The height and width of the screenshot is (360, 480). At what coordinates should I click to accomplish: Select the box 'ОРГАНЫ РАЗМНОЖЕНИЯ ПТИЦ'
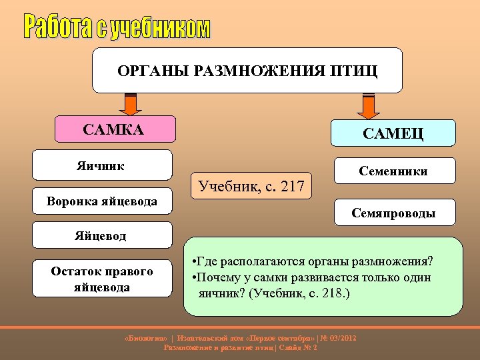click(247, 70)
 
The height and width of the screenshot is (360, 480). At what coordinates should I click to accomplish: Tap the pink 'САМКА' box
click(113, 129)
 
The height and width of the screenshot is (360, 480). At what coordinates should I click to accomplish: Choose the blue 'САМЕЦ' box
click(393, 133)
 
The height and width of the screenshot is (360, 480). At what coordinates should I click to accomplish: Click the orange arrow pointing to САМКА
click(129, 104)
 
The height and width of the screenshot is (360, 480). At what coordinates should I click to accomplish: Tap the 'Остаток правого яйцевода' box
click(102, 279)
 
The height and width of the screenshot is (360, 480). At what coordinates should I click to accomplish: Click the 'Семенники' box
click(393, 171)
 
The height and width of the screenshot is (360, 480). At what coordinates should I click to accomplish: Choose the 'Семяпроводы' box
click(393, 213)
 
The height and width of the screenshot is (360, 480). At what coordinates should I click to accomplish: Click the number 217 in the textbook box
click(291, 187)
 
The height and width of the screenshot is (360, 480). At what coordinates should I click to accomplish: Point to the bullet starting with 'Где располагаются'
click(311, 259)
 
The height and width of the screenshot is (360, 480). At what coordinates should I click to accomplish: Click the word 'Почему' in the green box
click(217, 277)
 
